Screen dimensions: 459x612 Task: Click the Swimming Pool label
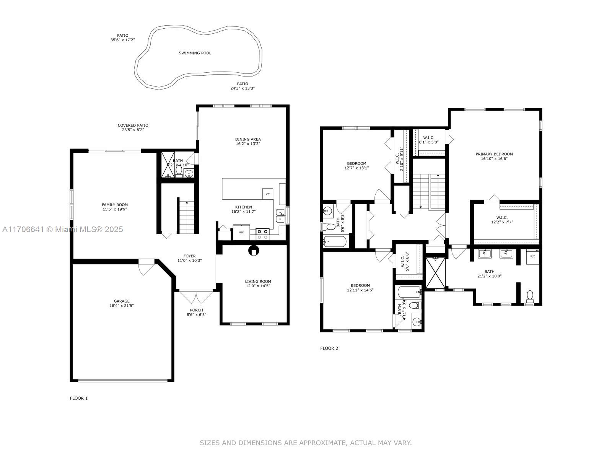pyautogui.click(x=195, y=53)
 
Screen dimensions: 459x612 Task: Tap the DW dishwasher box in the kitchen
pyautogui.click(x=267, y=194)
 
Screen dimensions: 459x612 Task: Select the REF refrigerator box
pyautogui.click(x=241, y=232)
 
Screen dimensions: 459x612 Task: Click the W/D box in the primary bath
pyautogui.click(x=532, y=257)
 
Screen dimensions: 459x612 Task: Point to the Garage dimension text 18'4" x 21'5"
pyautogui.click(x=121, y=306)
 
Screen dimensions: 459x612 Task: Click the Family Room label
pyautogui.click(x=115, y=205)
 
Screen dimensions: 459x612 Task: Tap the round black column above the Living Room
pyautogui.click(x=254, y=251)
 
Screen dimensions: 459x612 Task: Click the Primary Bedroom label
pyautogui.click(x=494, y=154)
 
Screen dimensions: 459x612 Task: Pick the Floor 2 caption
pyautogui.click(x=329, y=348)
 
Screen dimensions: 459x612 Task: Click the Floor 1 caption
pyautogui.click(x=79, y=398)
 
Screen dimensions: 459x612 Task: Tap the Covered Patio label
pyautogui.click(x=133, y=125)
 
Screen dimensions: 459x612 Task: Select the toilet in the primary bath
pyautogui.click(x=530, y=296)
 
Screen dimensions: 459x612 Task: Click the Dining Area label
pyautogui.click(x=248, y=139)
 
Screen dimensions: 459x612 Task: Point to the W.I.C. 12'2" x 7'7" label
pyautogui.click(x=499, y=220)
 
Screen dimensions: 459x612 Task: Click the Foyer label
pyautogui.click(x=189, y=256)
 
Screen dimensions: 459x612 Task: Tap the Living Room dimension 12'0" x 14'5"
pyautogui.click(x=258, y=286)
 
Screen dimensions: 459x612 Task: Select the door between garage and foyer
pyautogui.click(x=146, y=266)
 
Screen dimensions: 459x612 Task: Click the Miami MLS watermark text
pyautogui.click(x=62, y=229)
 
